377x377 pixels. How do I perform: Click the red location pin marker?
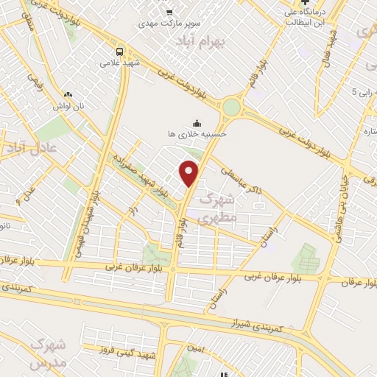pyautogui.click(x=189, y=172)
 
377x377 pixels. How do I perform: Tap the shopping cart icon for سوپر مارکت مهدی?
pyautogui.click(x=170, y=12)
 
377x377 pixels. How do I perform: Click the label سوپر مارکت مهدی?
pyautogui.click(x=170, y=24)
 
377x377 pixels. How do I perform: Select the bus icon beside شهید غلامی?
pyautogui.click(x=120, y=51)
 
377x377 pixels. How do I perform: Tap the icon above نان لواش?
pyautogui.click(x=68, y=94)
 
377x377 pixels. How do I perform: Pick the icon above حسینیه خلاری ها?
pyautogui.click(x=197, y=122)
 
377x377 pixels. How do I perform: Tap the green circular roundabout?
pyautogui.click(x=231, y=108)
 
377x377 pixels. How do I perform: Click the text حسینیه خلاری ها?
pyautogui.click(x=197, y=134)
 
